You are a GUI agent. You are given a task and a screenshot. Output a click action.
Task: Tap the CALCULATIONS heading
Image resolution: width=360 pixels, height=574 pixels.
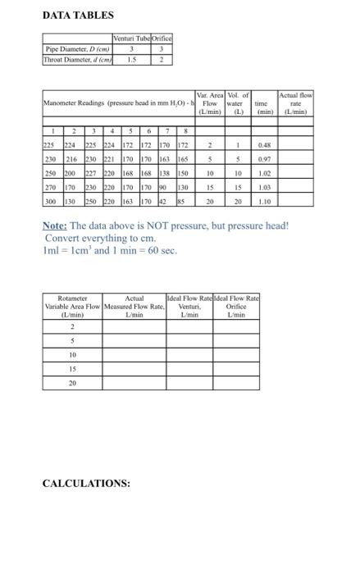point(86,483)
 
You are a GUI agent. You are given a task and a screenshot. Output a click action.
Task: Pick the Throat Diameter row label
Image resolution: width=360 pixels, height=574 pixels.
point(79,59)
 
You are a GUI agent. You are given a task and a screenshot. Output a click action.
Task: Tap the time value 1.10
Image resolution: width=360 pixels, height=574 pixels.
point(264,200)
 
